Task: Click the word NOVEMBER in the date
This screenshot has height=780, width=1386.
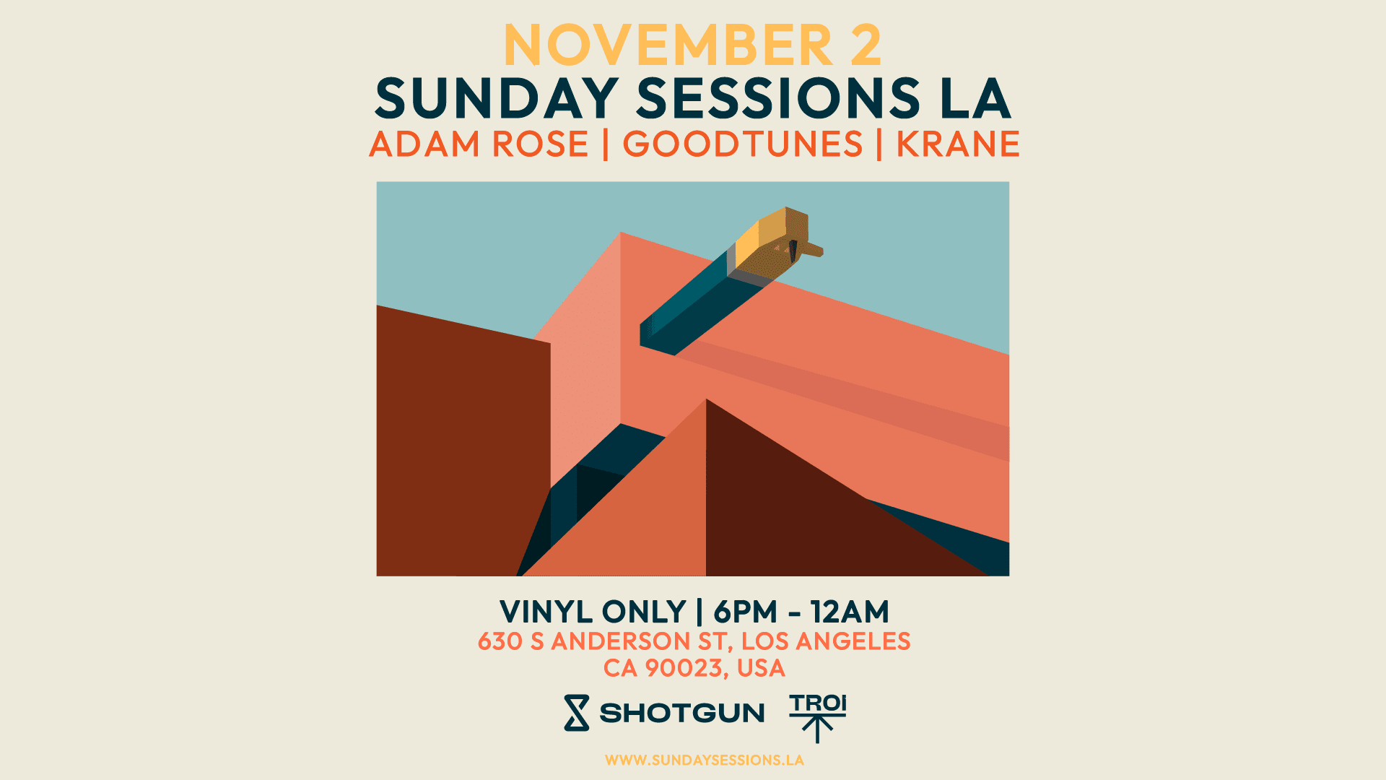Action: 668,46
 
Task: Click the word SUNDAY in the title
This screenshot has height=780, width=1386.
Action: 497,99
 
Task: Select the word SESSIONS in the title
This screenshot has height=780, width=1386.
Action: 778,99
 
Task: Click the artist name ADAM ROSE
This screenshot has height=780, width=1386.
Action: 479,144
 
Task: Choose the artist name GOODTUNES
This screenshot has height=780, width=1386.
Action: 743,144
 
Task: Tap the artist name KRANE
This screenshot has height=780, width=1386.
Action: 958,144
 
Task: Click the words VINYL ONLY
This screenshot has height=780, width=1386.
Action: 593,612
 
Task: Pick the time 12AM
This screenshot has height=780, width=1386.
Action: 850,612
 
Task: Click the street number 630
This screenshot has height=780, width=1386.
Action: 500,641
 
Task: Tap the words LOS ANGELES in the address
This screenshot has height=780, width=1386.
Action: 826,641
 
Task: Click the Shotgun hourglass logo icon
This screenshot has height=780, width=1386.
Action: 576,713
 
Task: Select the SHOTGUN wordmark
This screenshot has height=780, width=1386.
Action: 682,714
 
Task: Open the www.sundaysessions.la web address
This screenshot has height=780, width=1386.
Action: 704,760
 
